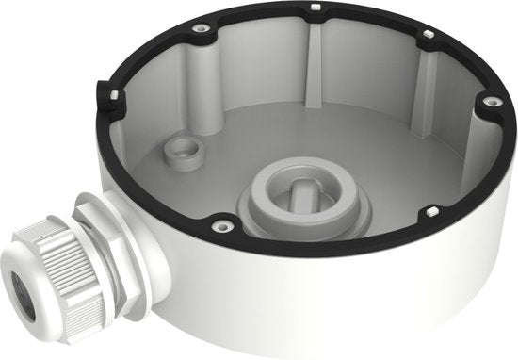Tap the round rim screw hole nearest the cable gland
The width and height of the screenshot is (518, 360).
pyautogui.click(x=223, y=225)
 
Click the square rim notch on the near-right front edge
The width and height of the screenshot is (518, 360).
pyautogui.click(x=431, y=210)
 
